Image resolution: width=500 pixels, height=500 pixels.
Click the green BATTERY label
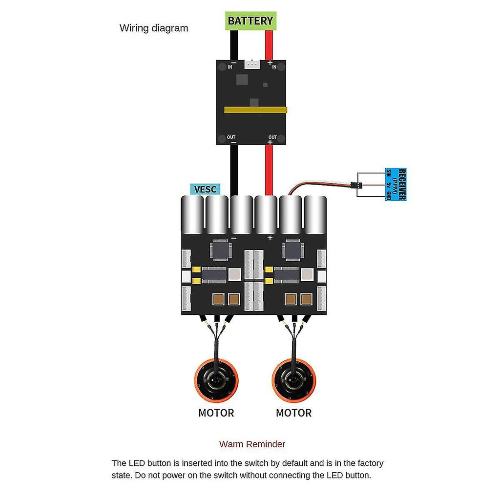(250, 21)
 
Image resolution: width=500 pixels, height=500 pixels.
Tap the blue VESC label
(205, 189)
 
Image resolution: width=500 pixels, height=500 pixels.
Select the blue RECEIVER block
(396, 184)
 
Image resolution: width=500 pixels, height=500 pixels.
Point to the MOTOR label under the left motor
(216, 413)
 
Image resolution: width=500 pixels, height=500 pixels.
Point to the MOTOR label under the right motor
(293, 413)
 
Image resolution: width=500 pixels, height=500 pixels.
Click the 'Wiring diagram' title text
(154, 28)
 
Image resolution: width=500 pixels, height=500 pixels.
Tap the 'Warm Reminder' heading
(252, 444)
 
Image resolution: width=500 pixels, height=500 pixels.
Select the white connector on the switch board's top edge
(252, 64)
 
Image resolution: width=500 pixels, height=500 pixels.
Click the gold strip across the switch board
(255, 110)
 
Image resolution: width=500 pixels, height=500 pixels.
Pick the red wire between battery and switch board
(269, 45)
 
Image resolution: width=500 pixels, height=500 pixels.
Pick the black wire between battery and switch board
(234, 45)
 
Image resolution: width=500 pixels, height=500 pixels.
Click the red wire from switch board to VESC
(269, 168)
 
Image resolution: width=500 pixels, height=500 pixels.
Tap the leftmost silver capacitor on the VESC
(192, 215)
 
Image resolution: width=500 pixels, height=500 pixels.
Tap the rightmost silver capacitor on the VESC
(315, 215)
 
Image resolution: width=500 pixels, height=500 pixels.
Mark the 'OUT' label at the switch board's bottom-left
(231, 137)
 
